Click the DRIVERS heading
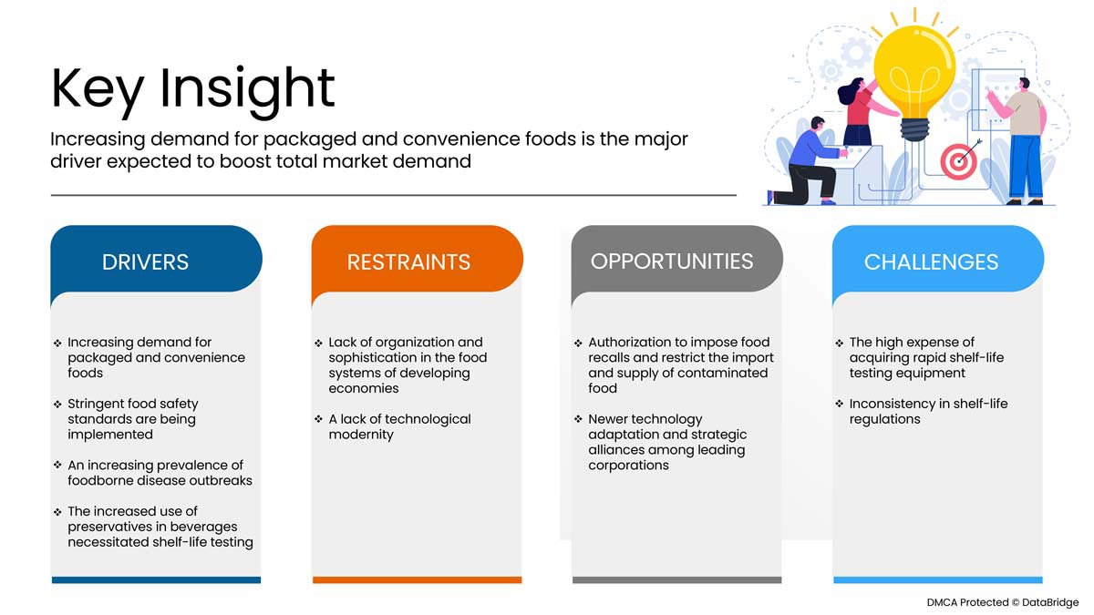pyautogui.click(x=146, y=262)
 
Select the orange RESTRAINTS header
pyautogui.click(x=408, y=263)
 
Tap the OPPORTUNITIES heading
pyautogui.click(x=672, y=261)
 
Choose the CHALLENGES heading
pyautogui.click(x=931, y=262)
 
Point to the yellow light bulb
pyautogui.click(x=914, y=68)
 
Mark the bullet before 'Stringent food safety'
pyautogui.click(x=57, y=404)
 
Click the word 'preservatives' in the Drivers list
pyautogui.click(x=109, y=527)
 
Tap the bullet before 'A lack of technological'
pyautogui.click(x=318, y=419)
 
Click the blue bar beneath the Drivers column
pyautogui.click(x=156, y=579)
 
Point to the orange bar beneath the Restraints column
pyautogui.click(x=417, y=579)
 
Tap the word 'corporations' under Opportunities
pyautogui.click(x=628, y=466)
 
